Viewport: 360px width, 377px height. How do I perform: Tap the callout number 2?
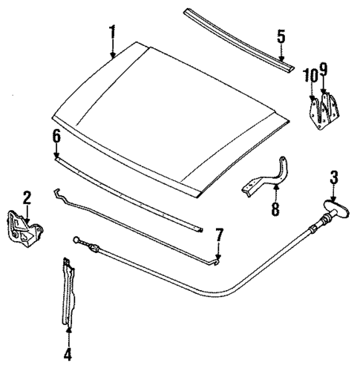point(26,197)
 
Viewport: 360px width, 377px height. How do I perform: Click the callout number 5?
point(281,35)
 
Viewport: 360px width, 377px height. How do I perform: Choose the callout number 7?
point(218,235)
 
